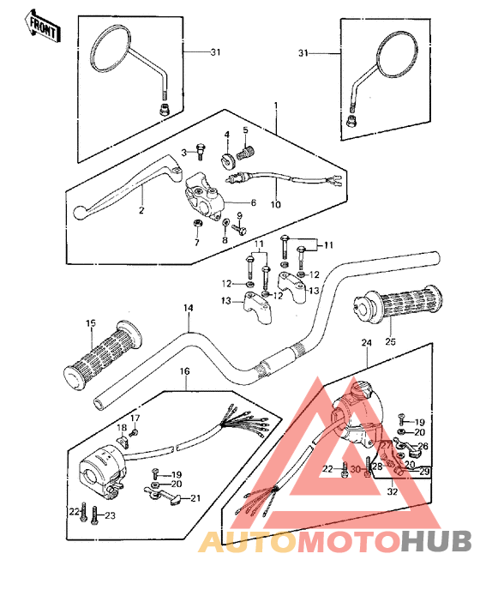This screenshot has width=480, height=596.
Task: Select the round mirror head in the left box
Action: [110, 48]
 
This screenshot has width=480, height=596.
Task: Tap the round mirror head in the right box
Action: [397, 54]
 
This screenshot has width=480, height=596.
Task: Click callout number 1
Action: [276, 104]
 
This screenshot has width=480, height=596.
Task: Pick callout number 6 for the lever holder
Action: [254, 202]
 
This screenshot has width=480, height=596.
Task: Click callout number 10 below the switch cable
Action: [275, 205]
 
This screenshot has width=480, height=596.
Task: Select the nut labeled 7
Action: [197, 223]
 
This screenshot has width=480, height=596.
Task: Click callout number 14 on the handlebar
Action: [188, 308]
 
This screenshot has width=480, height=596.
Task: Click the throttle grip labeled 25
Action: [398, 303]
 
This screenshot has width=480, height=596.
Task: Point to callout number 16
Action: [184, 371]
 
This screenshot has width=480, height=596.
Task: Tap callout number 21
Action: [195, 497]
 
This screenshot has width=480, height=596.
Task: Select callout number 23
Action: [110, 515]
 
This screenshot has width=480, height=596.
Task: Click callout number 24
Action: [366, 343]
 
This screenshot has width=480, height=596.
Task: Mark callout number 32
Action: [393, 491]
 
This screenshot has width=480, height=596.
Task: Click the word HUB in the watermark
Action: [436, 540]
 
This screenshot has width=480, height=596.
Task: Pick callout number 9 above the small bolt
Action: [239, 216]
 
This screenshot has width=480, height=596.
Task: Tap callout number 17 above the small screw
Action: [135, 418]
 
